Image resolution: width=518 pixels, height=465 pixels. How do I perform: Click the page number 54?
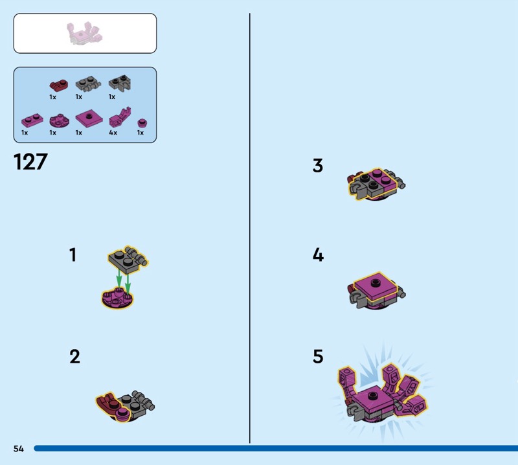click(19, 448)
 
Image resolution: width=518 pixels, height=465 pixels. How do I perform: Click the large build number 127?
click(30, 162)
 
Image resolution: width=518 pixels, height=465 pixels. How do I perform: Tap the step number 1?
click(73, 255)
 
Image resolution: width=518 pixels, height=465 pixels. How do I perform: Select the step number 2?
click(74, 357)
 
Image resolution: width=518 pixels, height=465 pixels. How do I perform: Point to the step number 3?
click(318, 166)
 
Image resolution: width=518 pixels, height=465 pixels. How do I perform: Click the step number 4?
click(318, 255)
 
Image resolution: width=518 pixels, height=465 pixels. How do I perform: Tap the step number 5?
click(318, 357)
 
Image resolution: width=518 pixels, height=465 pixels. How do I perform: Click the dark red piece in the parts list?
click(58, 85)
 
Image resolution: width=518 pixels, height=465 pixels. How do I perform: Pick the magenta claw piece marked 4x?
click(120, 117)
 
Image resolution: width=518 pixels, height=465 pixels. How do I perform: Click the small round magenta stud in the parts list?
click(142, 123)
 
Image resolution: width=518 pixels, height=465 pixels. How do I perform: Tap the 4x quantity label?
click(113, 133)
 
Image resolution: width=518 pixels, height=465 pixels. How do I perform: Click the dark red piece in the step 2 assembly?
click(107, 403)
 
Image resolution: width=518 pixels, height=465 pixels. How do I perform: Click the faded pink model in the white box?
click(85, 34)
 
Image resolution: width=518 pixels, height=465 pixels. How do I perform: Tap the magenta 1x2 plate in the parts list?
click(32, 120)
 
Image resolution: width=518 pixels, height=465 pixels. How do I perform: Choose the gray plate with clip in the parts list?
click(120, 83)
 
